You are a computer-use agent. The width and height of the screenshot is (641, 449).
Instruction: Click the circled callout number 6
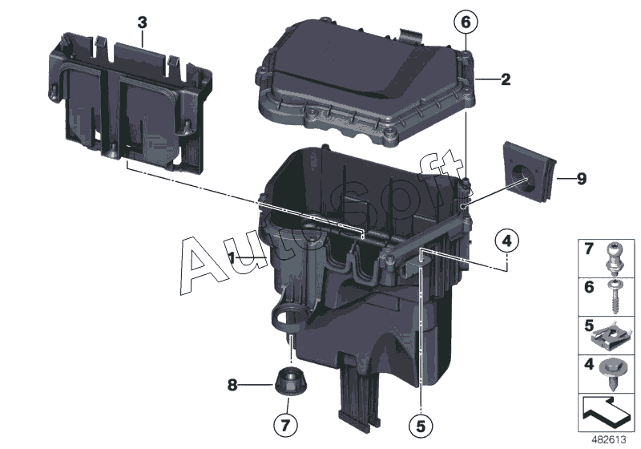point(466,22)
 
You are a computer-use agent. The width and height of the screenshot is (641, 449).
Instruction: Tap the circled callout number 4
point(506,241)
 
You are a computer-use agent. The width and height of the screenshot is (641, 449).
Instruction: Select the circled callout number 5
point(421,426)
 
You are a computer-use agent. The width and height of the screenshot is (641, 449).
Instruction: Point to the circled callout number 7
point(285,424)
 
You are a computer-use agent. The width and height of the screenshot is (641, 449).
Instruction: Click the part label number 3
point(142,22)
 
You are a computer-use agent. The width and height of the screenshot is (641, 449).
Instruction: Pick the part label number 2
point(506,79)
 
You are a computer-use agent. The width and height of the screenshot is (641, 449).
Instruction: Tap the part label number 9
point(581,179)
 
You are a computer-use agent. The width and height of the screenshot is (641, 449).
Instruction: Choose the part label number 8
point(232,385)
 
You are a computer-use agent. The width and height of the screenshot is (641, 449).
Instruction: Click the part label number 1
point(232,257)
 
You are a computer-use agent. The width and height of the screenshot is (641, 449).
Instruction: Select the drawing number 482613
point(609,440)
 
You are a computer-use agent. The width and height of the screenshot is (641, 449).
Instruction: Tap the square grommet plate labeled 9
point(530,172)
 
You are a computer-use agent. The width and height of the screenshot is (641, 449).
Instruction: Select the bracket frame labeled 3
point(129,103)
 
